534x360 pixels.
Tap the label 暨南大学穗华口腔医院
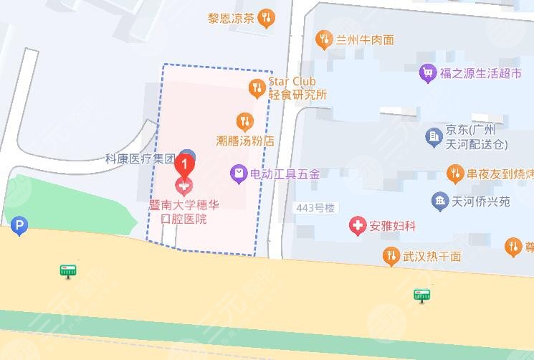[184, 212]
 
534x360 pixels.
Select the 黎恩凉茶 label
[231, 18]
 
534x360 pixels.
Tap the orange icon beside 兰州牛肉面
[325, 39]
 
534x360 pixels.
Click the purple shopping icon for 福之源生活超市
[429, 72]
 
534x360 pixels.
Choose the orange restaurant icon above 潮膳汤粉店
[244, 120]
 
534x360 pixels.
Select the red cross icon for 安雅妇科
[356, 227]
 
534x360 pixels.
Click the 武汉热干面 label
[432, 256]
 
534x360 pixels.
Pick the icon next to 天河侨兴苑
[439, 201]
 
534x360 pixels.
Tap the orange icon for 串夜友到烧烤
[454, 173]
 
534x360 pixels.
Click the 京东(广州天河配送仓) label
[476, 137]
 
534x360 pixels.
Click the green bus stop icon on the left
[68, 270]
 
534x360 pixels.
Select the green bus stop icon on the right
[422, 294]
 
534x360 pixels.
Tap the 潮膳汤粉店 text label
[245, 141]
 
